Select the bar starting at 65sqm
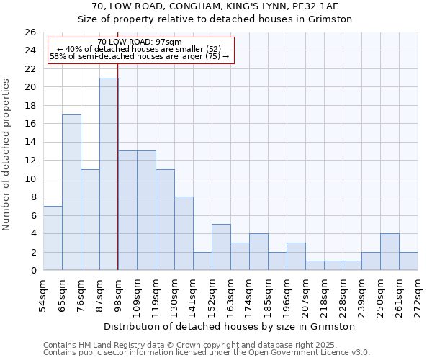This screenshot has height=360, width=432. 71,192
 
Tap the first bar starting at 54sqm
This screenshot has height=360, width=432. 53,238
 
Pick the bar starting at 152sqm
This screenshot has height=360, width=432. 221,247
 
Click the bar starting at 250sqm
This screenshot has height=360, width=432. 390,252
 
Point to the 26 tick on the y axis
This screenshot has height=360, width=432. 30,32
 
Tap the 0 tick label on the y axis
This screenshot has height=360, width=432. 33,271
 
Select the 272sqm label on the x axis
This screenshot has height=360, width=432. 418,293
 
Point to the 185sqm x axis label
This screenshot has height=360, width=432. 268,293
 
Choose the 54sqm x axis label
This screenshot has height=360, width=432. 43,293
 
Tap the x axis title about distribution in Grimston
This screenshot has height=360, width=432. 230,326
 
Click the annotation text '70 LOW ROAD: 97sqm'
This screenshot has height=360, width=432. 140,42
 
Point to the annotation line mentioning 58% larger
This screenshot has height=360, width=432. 140,56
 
